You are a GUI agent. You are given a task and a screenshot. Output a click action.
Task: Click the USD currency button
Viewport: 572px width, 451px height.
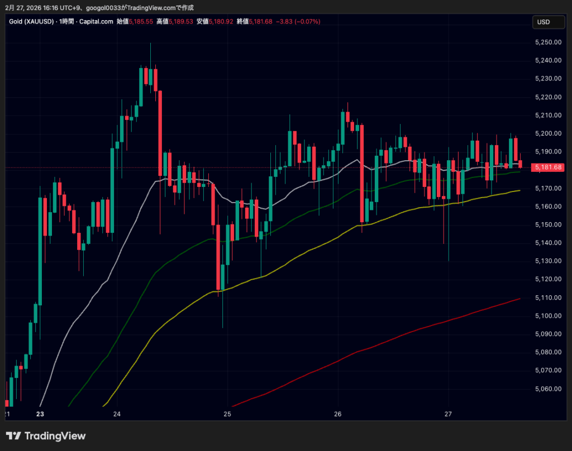pos(544,22)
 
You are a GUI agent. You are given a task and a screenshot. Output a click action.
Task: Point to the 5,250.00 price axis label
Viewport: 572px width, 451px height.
pos(547,42)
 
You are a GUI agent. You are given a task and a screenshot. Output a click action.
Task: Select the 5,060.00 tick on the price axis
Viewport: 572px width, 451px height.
pos(547,388)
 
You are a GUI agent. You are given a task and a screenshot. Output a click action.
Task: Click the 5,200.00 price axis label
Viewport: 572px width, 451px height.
pos(547,133)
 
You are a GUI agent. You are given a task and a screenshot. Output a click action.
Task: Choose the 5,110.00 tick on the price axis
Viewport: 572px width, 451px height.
pos(547,298)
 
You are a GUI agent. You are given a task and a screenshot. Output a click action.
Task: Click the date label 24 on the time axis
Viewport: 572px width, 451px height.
pos(117,414)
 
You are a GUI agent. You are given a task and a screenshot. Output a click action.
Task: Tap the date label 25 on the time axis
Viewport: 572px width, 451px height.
pos(227,414)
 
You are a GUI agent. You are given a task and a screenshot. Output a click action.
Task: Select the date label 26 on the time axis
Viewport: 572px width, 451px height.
pos(337,414)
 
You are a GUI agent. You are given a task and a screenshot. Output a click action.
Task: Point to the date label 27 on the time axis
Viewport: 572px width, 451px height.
pos(448,414)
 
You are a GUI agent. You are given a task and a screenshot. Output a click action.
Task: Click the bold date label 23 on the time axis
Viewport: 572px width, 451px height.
pos(40,414)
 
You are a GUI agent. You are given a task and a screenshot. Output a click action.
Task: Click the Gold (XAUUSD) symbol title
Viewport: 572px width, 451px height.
pos(31,21)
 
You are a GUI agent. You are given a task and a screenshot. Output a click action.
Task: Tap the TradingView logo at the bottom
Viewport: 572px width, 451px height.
pos(46,436)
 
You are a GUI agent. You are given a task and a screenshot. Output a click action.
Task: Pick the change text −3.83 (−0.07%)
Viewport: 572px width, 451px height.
pos(298,21)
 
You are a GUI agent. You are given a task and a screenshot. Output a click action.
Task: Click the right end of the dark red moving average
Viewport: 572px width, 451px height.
pos(520,299)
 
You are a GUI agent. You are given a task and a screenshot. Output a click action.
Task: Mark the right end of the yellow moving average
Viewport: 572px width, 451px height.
pos(520,190)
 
